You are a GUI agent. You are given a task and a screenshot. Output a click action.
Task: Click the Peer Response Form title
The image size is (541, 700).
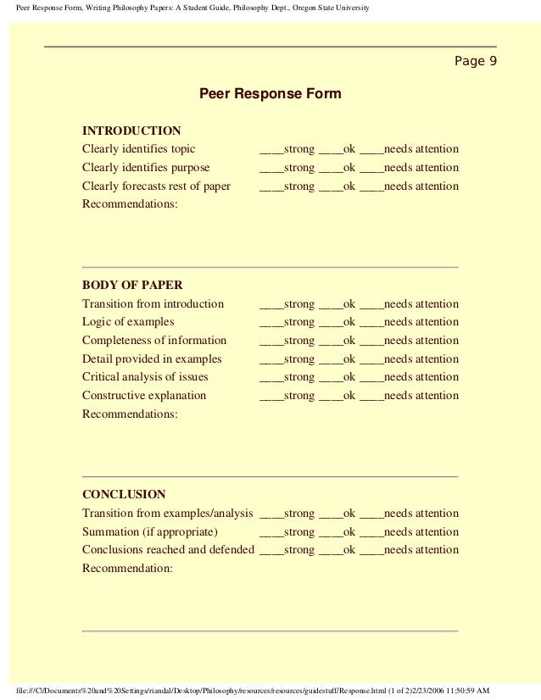pos(270,94)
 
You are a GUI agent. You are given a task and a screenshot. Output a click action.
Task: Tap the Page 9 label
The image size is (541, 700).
pos(477,61)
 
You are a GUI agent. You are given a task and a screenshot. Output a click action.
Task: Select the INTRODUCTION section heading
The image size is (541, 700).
pos(131,131)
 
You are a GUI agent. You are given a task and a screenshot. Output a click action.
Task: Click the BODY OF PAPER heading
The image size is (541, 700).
pos(131,285)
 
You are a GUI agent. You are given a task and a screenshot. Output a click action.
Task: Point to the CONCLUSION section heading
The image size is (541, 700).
pos(124,494)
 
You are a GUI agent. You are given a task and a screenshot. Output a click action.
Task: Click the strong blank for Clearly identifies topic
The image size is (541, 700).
pos(270,149)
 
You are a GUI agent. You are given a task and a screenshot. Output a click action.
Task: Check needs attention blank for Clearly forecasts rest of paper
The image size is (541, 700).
pos(371,186)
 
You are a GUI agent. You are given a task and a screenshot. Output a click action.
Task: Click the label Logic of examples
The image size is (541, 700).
pos(128,322)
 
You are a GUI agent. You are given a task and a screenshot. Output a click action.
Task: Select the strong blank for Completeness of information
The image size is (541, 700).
pos(270,341)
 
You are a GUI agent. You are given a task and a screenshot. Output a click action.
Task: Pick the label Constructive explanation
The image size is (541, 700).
pos(144,396)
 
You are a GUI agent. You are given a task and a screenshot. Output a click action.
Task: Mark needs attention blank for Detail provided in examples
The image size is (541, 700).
pos(371,359)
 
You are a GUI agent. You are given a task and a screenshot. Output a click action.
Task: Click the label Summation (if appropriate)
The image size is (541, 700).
pos(149,532)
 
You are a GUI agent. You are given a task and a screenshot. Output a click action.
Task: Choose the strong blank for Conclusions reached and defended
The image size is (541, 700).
pos(270,550)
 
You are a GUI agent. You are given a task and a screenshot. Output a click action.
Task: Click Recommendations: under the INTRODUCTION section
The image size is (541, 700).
pos(130,205)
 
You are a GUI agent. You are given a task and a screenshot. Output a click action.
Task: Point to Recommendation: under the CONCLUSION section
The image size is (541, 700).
pos(127,569)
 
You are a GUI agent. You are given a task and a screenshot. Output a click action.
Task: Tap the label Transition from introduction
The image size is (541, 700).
pos(153,303)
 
